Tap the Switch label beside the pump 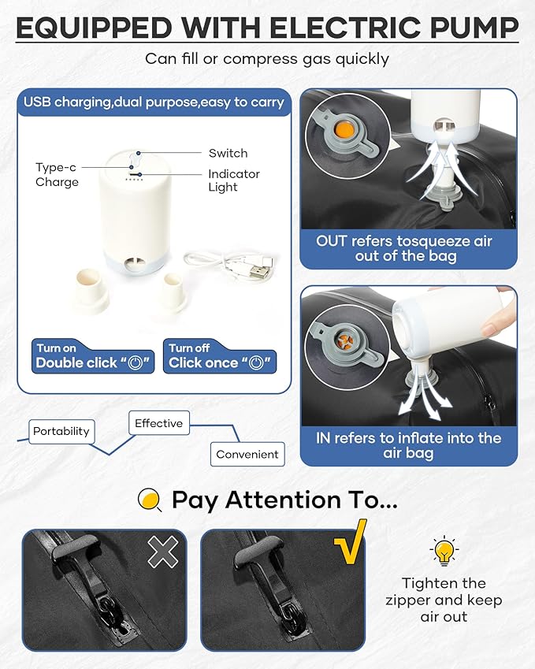228,153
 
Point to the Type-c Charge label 57,174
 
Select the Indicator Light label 234,180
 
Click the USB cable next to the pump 232,266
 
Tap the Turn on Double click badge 93,357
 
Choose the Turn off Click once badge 220,357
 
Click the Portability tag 61,431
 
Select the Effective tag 158,423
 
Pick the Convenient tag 247,455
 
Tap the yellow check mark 351,541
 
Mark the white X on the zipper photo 163,552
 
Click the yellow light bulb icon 444,550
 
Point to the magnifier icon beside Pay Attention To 150,500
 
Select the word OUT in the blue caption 332,241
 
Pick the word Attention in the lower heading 283,500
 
